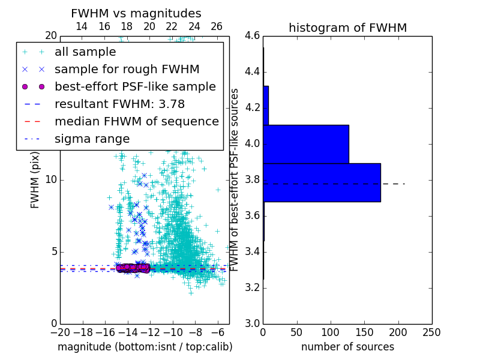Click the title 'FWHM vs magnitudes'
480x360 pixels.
[136, 13]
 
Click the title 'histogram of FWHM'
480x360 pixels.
[347, 28]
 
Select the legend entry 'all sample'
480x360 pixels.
[85, 52]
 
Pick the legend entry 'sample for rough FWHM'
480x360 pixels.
[127, 70]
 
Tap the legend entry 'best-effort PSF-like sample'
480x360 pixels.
[135, 87]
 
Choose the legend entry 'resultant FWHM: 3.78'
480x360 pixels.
[120, 104]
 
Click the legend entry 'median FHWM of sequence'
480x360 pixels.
[136, 122]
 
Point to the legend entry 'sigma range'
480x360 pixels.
[92, 139]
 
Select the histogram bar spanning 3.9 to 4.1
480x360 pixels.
[306, 144]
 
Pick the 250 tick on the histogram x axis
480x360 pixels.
[431, 332]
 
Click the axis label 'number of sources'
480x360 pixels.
[347, 347]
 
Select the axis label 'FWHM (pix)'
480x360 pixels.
[35, 179]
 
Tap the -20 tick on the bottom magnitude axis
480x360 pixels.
[60, 332]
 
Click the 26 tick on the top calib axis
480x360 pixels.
[217, 26]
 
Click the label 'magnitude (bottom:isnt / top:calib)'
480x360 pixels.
[145, 347]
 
